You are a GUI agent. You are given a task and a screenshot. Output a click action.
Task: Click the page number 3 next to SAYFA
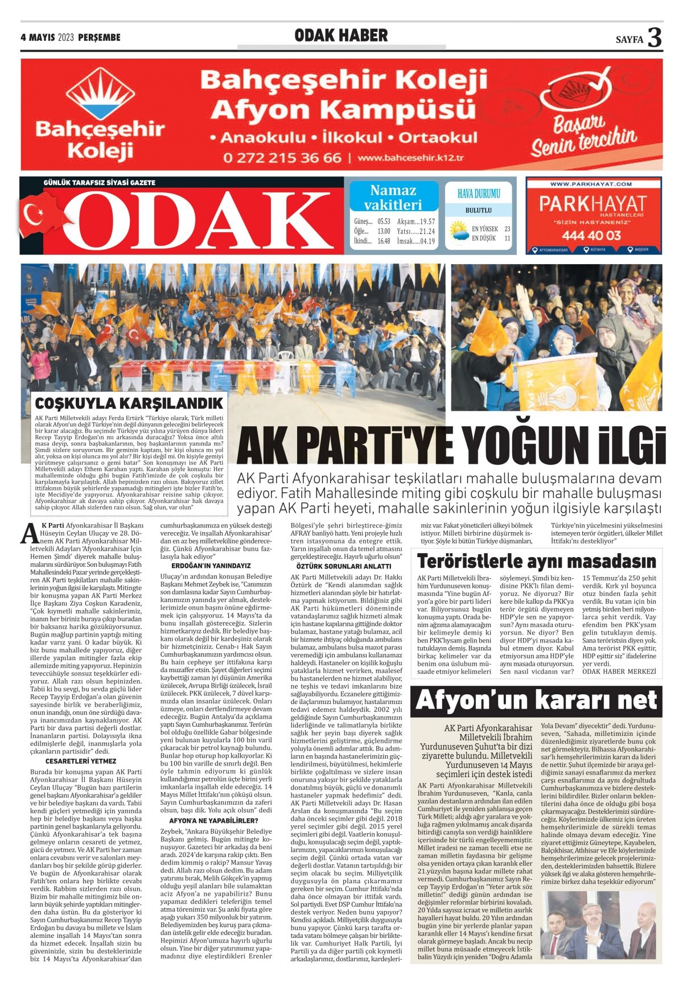point(655,38)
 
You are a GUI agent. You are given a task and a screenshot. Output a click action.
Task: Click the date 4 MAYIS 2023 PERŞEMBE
point(71,38)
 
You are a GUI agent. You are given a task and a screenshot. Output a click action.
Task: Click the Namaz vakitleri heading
point(393,197)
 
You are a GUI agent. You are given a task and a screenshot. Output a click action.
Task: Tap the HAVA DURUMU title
point(479,193)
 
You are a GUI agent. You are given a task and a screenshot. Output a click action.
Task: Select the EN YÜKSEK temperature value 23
point(507,229)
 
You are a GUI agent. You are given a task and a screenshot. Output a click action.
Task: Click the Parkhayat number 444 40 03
point(591,235)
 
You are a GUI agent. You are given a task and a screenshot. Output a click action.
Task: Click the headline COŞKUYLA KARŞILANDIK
point(129,404)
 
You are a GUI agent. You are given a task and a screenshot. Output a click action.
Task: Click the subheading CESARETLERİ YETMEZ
point(81,761)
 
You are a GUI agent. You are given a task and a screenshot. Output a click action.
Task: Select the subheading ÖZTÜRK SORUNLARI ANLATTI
point(344,566)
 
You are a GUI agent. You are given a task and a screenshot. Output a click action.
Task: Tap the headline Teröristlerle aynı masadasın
point(536,561)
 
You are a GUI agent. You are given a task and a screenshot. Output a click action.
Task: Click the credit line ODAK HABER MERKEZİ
point(619,672)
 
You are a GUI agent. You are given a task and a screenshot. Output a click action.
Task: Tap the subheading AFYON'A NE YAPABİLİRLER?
point(213,821)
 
